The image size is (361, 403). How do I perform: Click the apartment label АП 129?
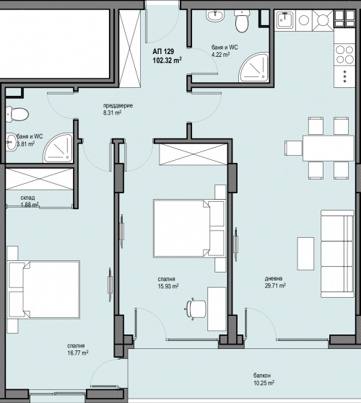point(163,52)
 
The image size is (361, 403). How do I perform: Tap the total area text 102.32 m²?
point(168,61)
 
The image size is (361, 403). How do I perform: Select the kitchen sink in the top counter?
point(285,20)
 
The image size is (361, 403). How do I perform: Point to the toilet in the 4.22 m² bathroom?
point(242,21)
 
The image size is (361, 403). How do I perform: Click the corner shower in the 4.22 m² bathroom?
point(253,68)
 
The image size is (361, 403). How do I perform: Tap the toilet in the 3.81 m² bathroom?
point(17,115)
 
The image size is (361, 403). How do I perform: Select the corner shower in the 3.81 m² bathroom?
point(58,148)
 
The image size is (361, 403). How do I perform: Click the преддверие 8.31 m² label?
point(118,109)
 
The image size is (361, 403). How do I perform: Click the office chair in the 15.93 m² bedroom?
point(196,309)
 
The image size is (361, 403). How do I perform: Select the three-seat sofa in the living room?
point(337,254)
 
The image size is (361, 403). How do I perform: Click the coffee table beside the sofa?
point(305,254)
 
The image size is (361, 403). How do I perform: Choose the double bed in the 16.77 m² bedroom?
point(43,290)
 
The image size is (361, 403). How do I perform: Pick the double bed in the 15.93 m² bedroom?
point(190,229)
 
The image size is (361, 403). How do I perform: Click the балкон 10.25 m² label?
point(264,379)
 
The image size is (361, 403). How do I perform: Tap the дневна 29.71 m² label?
point(275,282)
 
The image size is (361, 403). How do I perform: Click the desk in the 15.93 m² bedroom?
point(217,309)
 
